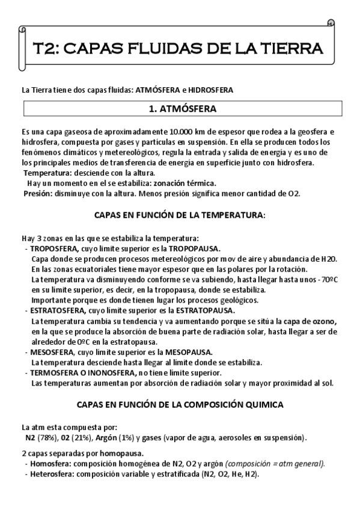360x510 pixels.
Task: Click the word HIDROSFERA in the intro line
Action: click(210, 90)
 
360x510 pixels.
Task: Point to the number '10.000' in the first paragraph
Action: click(180, 131)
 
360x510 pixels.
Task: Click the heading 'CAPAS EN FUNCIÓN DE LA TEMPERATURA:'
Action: click(180, 215)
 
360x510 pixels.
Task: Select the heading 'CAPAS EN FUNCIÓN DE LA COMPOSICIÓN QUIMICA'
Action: click(180, 405)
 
